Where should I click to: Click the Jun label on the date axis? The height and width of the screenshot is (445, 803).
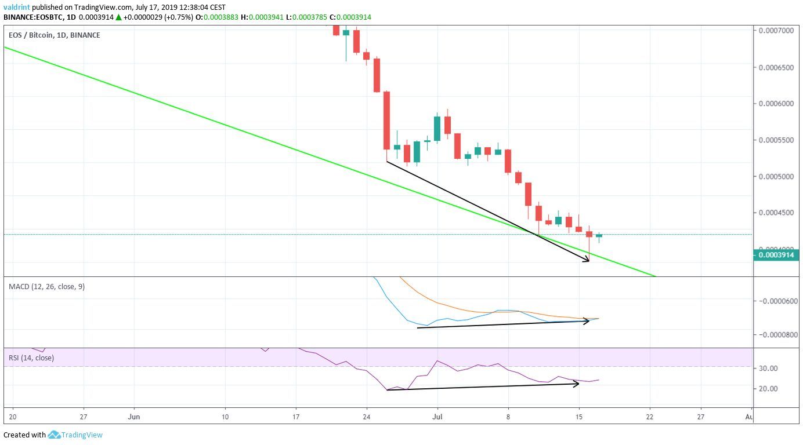pyautogui.click(x=134, y=416)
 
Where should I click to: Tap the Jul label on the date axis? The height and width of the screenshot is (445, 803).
pyautogui.click(x=437, y=416)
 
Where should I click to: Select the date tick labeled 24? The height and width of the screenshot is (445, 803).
pyautogui.click(x=367, y=416)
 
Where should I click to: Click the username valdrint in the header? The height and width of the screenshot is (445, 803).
pyautogui.click(x=17, y=7)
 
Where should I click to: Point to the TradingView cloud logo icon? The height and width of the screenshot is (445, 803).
pyautogui.click(x=55, y=435)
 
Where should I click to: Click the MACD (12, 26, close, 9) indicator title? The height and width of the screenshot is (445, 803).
pyautogui.click(x=46, y=286)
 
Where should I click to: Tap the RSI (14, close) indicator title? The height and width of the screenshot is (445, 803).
pyautogui.click(x=31, y=358)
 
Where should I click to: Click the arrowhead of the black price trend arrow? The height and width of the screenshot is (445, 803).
pyautogui.click(x=587, y=260)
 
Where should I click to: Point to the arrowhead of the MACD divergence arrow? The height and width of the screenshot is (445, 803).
pyautogui.click(x=587, y=320)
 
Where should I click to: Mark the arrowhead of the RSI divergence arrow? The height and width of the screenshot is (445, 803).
pyautogui.click(x=577, y=384)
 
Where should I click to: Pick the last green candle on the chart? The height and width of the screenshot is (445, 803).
pyautogui.click(x=599, y=236)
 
